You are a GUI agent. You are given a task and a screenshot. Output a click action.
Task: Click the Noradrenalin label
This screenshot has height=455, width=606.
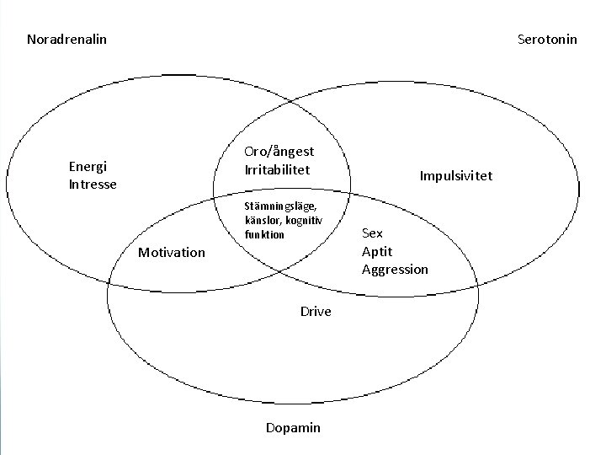(x=66, y=40)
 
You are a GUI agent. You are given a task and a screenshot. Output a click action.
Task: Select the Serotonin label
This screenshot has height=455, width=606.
(x=547, y=40)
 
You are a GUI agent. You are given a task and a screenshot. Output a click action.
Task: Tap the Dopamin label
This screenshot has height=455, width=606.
(x=293, y=428)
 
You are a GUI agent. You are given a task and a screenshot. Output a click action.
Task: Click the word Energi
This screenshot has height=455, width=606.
(x=88, y=166)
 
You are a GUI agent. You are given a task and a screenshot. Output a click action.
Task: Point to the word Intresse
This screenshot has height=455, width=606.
(x=93, y=184)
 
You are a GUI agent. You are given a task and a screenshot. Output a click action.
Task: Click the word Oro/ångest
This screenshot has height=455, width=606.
(x=279, y=152)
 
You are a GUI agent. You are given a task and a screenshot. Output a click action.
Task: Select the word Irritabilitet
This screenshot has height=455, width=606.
(x=277, y=169)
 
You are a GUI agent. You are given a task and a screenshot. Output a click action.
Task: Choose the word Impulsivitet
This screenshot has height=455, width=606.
(x=456, y=176)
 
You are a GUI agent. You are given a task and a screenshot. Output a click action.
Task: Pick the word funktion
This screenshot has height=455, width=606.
(x=265, y=234)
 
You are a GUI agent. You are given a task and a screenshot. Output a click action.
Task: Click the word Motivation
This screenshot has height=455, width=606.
(x=171, y=252)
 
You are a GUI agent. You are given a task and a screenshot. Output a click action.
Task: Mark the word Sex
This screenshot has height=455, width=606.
(x=372, y=233)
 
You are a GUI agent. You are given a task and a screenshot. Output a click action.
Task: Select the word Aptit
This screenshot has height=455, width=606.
(x=376, y=251)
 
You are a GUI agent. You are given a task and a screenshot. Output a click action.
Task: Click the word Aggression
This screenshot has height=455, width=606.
(x=395, y=270)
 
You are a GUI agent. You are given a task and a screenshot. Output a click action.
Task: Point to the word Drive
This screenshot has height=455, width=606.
(x=316, y=312)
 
